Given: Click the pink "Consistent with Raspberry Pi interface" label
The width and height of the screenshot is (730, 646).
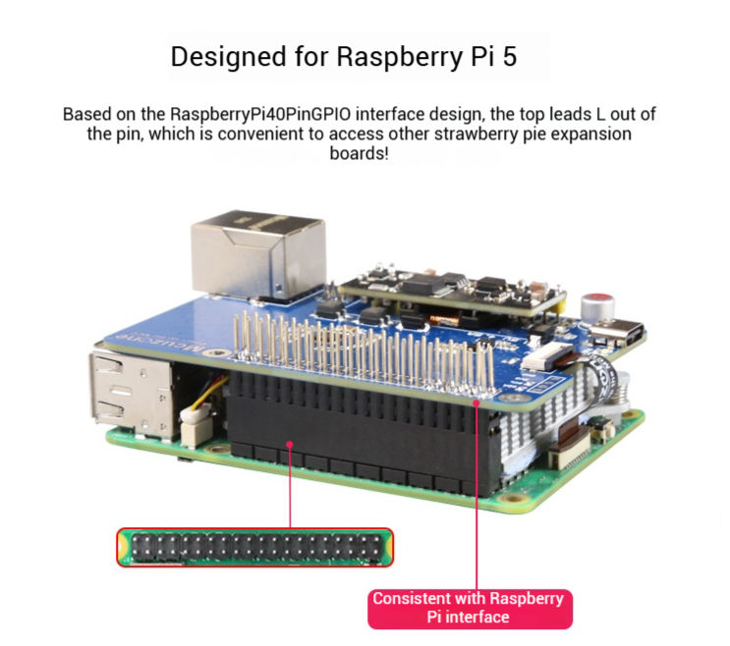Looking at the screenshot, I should (x=469, y=607).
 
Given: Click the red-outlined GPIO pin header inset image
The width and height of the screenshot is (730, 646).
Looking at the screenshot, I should (x=254, y=548).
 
